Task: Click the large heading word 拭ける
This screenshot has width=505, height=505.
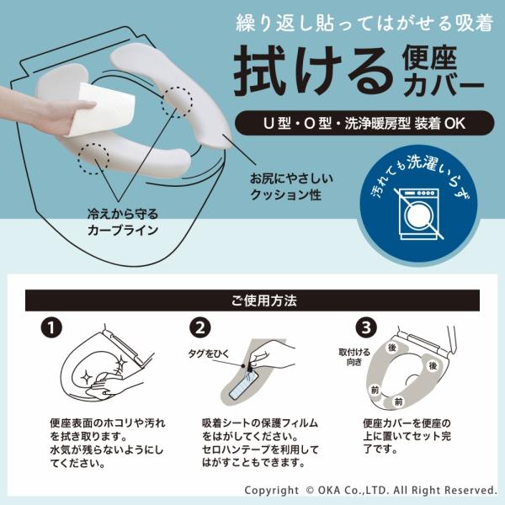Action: [x=312, y=72]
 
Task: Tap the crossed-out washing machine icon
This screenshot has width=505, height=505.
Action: [x=418, y=214]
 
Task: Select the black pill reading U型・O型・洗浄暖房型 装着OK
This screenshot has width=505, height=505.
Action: [x=364, y=124]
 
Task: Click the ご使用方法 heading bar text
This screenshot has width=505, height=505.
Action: [x=263, y=300]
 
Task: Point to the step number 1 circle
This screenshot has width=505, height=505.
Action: [x=51, y=328]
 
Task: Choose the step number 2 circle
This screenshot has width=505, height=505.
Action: [x=200, y=328]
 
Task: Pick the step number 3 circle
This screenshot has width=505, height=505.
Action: [x=366, y=328]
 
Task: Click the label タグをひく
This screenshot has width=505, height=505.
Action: [x=209, y=353]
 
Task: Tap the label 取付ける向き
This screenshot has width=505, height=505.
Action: [x=354, y=357]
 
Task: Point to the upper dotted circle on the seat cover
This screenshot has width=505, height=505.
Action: [x=177, y=103]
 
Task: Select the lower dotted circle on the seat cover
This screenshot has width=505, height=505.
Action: [x=93, y=159]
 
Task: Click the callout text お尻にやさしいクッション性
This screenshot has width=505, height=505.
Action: [x=291, y=187]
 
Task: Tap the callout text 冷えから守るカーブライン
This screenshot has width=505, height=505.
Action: [x=123, y=222]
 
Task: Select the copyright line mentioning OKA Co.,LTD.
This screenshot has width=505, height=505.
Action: [x=370, y=490]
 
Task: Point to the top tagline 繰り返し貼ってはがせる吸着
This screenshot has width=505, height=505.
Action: [x=364, y=24]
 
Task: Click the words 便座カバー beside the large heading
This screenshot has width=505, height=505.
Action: [x=443, y=72]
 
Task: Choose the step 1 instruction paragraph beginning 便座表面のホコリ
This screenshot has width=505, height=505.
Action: [x=107, y=444]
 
